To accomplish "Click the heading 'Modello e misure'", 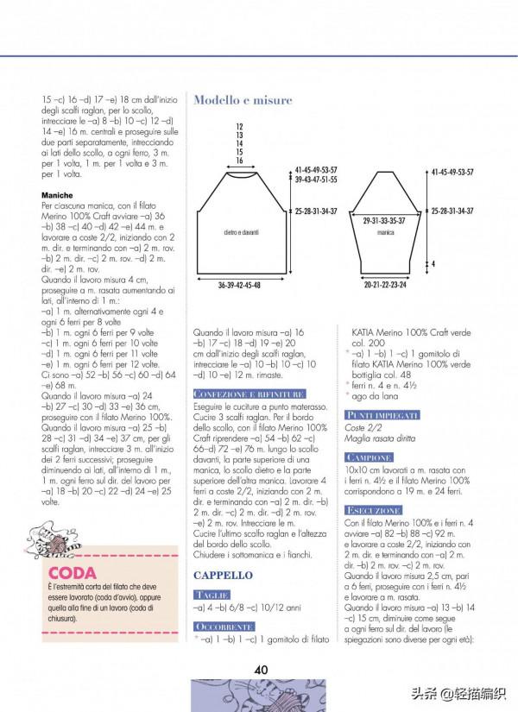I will pyautogui.click(x=243, y=100).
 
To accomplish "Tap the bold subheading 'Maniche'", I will pyautogui.click(x=57, y=196).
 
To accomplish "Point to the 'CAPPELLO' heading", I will pyautogui.click(x=223, y=575).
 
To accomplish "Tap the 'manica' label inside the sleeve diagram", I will pyautogui.click(x=385, y=233).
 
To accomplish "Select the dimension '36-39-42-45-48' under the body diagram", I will pyautogui.click(x=239, y=285).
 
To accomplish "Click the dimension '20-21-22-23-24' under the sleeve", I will pyautogui.click(x=385, y=285).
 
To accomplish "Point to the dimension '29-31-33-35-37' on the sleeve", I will pyautogui.click(x=385, y=221).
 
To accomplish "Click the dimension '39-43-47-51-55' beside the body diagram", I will pyautogui.click(x=316, y=180).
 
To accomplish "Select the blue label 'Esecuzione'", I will pyautogui.click(x=373, y=511).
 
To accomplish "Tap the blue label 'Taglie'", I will pyautogui.click(x=212, y=595).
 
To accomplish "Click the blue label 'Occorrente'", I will pyautogui.click(x=224, y=626).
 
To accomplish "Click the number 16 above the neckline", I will pyautogui.click(x=239, y=161).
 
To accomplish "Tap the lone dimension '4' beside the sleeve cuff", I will pyautogui.click(x=433, y=264).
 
